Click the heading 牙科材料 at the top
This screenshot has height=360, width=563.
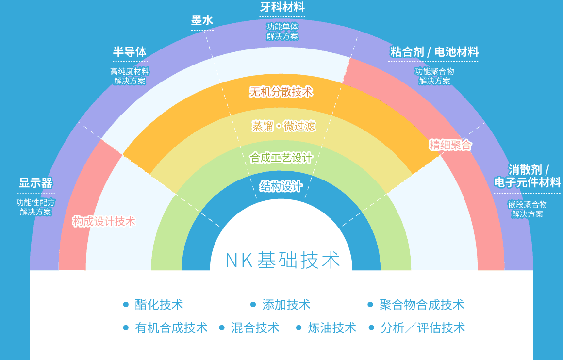click(x=282, y=8)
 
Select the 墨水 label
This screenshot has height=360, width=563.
click(x=202, y=20)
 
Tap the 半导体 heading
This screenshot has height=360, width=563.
click(x=130, y=51)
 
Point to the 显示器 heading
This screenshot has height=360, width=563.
click(x=35, y=183)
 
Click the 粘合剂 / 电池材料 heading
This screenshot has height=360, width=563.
click(x=434, y=51)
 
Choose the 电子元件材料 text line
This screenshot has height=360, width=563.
click(x=527, y=182)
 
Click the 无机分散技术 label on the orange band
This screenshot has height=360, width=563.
click(x=281, y=92)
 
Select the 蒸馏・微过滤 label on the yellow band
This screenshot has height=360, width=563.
click(x=283, y=126)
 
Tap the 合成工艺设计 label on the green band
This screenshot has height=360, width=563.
click(x=281, y=158)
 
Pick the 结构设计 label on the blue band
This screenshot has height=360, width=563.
click(x=281, y=186)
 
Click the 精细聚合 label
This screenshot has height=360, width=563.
click(x=450, y=145)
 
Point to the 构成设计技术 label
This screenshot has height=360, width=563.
click(x=103, y=222)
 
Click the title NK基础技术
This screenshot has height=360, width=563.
click(x=283, y=260)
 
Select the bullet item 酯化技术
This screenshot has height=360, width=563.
click(x=159, y=305)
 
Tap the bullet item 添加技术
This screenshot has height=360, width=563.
click(x=286, y=305)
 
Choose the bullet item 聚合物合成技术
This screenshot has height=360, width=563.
click(x=422, y=305)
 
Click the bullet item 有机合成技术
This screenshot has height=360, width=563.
click(x=171, y=327)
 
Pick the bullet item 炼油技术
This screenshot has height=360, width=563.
click(x=332, y=327)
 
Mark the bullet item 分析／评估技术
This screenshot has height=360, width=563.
click(x=423, y=327)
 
